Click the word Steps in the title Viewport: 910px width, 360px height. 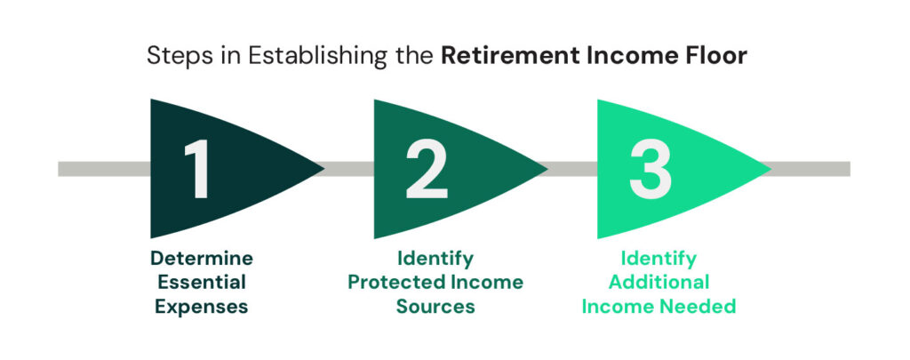click(x=173, y=55)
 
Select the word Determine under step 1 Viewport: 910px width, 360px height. click(x=201, y=259)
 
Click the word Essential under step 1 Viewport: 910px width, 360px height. click(x=201, y=283)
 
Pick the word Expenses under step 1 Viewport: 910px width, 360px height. click(x=201, y=308)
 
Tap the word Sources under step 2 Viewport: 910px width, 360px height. click(x=436, y=308)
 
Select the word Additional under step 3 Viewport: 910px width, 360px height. click(x=659, y=283)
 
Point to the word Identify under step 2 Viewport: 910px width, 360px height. click(x=436, y=259)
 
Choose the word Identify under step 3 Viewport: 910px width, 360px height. click(x=659, y=259)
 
